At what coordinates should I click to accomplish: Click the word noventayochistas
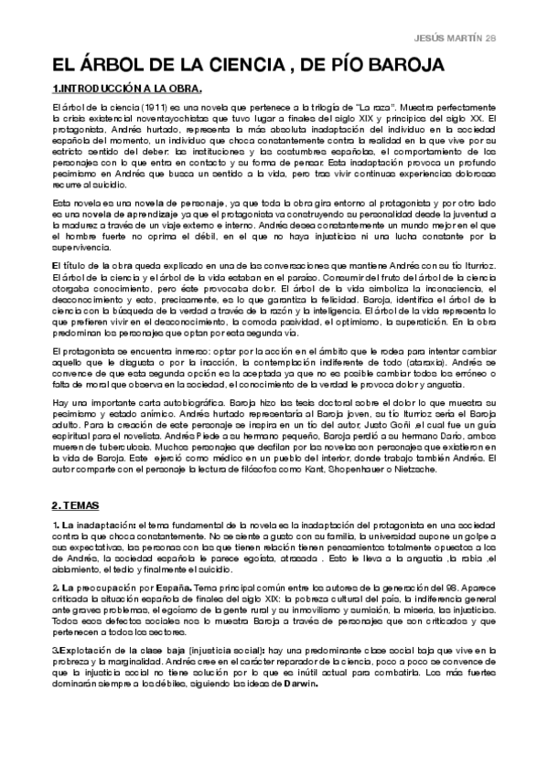(157, 118)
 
